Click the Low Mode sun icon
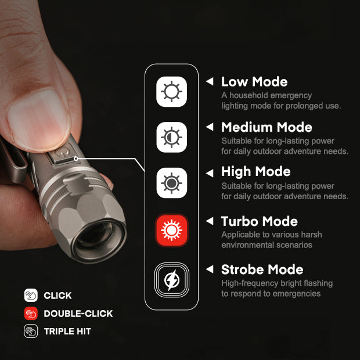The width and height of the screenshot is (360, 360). click(171, 92)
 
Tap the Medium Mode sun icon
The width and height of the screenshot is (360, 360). click(171, 137)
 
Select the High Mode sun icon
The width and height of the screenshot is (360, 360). click(171, 183)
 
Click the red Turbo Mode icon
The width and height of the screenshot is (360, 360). click(171, 231)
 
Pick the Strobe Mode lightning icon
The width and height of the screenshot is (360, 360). click(171, 280)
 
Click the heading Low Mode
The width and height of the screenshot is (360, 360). click(254, 82)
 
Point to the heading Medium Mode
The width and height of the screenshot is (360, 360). click(267, 127)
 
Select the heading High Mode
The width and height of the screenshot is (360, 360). click(255, 172)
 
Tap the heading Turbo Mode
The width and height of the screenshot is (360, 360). click(259, 221)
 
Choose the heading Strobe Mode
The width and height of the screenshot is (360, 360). click(262, 269)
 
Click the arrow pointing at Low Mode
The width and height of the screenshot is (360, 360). click(210, 82)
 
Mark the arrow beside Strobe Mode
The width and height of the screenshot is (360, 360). click(210, 269)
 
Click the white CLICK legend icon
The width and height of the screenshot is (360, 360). click(31, 296)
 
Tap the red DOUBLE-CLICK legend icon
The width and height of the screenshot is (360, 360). click(31, 314)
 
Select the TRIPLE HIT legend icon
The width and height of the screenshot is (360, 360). click(31, 332)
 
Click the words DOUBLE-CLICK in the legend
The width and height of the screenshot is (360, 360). click(78, 314)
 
